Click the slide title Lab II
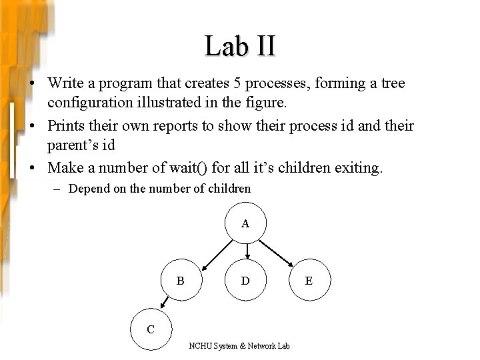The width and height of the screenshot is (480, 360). [x=240, y=47]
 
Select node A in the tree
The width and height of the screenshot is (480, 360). [x=246, y=224]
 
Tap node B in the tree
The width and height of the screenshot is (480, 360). [x=181, y=281]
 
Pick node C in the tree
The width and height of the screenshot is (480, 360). [x=151, y=329]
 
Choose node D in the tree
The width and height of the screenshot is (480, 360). [x=246, y=281]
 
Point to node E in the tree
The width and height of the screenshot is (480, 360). [x=308, y=281]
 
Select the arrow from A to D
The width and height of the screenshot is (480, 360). [x=247, y=251]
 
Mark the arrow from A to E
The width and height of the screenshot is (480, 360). [x=277, y=252]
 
